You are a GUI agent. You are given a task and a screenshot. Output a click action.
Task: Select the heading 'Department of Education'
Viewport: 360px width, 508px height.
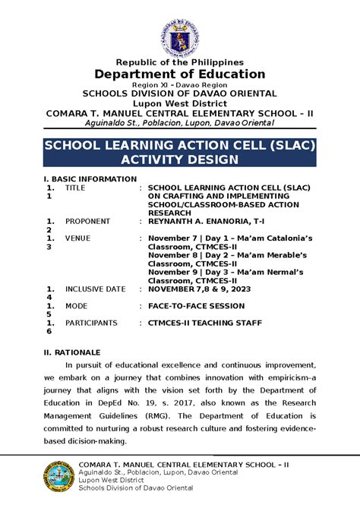pos(179,74)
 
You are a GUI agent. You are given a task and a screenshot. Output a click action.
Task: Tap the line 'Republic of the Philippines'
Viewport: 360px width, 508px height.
pos(179,62)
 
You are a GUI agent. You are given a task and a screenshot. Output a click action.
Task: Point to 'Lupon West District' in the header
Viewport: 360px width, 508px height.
pos(179,103)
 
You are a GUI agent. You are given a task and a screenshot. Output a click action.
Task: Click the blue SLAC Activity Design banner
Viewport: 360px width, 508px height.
pos(179,151)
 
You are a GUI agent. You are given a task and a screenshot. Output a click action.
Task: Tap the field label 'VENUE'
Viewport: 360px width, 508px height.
pos(77,238)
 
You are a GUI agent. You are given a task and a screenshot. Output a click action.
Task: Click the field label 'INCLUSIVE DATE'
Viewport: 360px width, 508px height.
pos(95,289)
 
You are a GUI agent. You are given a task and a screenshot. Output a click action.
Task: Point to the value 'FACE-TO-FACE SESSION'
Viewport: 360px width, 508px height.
pos(196,306)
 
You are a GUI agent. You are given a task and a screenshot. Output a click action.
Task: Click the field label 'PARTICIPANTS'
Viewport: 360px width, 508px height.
pos(91,323)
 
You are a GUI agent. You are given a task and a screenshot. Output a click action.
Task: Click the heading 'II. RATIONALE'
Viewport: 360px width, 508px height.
pos(71,353)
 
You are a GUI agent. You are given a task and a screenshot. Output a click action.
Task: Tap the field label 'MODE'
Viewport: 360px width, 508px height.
pos(77,306)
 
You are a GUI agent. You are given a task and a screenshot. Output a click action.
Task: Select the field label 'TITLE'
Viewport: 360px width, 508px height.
pos(75,188)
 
